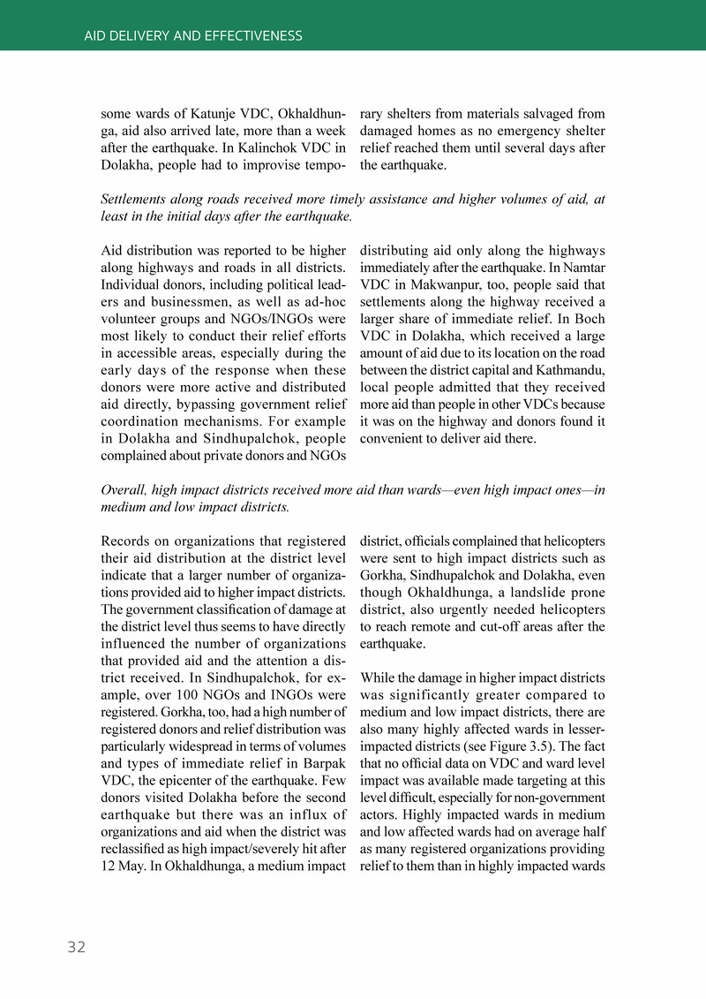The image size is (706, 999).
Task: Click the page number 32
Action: point(77,947)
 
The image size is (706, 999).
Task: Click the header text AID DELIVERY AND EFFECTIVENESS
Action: point(193,36)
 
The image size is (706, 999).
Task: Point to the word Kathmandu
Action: point(569,369)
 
